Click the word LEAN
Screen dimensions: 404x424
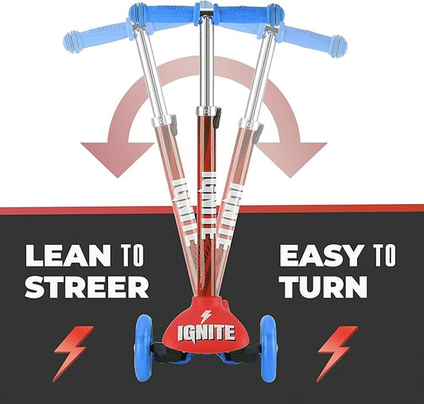(68, 256)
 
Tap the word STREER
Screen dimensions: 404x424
(87, 286)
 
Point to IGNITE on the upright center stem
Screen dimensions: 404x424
(208, 195)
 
